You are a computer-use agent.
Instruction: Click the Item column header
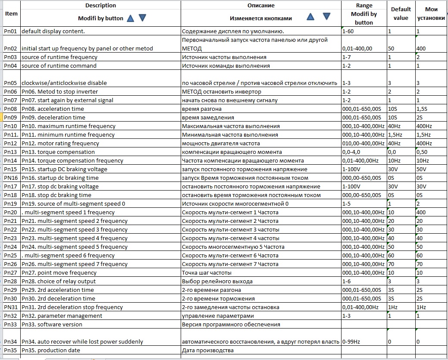[x=11, y=13]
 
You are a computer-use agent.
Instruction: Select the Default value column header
[x=401, y=13]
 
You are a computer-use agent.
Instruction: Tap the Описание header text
[x=260, y=5]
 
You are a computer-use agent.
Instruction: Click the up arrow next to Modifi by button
[x=130, y=18]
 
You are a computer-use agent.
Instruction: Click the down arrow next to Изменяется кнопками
[x=326, y=16]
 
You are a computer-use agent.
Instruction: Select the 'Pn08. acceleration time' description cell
[x=53, y=109]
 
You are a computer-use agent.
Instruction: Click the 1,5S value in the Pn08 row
[x=423, y=109]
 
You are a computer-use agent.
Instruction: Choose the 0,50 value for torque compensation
[x=422, y=152]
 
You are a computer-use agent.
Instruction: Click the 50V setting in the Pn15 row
[x=421, y=169]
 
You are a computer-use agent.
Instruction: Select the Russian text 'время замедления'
[x=208, y=117]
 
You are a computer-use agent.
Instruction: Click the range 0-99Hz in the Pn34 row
[x=351, y=341]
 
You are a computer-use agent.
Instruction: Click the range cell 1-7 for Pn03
[x=346, y=57]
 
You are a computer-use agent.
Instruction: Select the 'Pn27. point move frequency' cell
[x=59, y=272]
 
